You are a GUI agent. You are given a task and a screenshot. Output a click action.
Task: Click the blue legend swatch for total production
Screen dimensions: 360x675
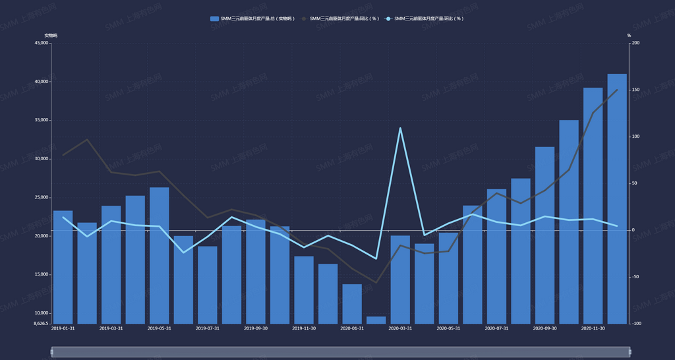[x=214, y=18]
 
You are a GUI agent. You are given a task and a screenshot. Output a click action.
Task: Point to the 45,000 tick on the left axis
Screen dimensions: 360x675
[x=40, y=44]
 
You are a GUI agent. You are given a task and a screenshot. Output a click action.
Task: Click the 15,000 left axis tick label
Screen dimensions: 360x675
[x=40, y=274]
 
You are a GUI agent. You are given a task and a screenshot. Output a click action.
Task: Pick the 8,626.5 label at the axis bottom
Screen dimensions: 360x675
[x=40, y=324]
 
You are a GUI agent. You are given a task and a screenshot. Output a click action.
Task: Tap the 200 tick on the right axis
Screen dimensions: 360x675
[x=635, y=44]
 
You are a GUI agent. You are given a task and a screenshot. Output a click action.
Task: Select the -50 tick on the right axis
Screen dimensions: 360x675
[x=635, y=277]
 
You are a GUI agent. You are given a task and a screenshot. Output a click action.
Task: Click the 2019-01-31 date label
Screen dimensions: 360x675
[x=63, y=328]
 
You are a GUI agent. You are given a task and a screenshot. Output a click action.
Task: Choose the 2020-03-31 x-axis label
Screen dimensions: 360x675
[x=400, y=328]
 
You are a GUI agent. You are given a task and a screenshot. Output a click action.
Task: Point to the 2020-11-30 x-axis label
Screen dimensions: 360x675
[x=593, y=328]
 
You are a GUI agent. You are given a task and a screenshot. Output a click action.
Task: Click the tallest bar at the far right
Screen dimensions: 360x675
[x=617, y=198]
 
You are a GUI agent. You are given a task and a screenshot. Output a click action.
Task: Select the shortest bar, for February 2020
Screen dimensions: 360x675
[x=376, y=320]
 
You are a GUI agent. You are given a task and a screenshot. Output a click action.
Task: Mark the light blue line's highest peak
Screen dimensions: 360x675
[x=400, y=128]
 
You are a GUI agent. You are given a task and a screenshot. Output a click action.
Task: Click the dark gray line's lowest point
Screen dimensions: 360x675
[x=376, y=282]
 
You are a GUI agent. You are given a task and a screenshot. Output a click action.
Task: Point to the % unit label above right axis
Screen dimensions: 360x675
[x=629, y=35]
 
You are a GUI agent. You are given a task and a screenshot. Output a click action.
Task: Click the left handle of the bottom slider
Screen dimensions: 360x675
[x=52, y=352]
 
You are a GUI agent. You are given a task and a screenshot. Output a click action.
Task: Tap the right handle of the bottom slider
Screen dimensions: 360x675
[x=630, y=352]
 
